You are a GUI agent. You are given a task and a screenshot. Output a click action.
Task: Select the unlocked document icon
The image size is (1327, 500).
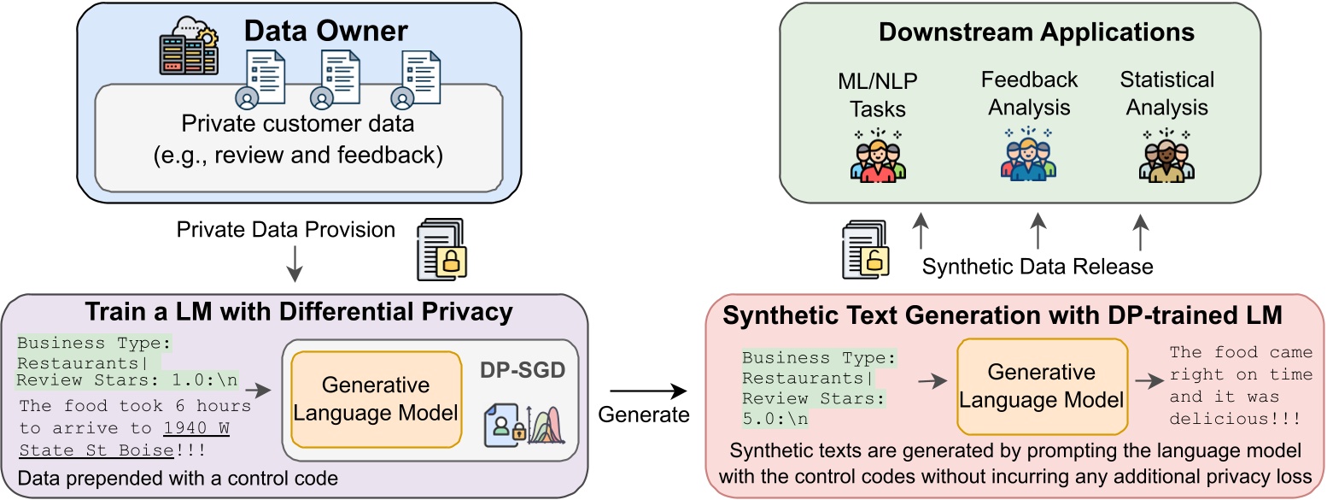coord(863,249)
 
